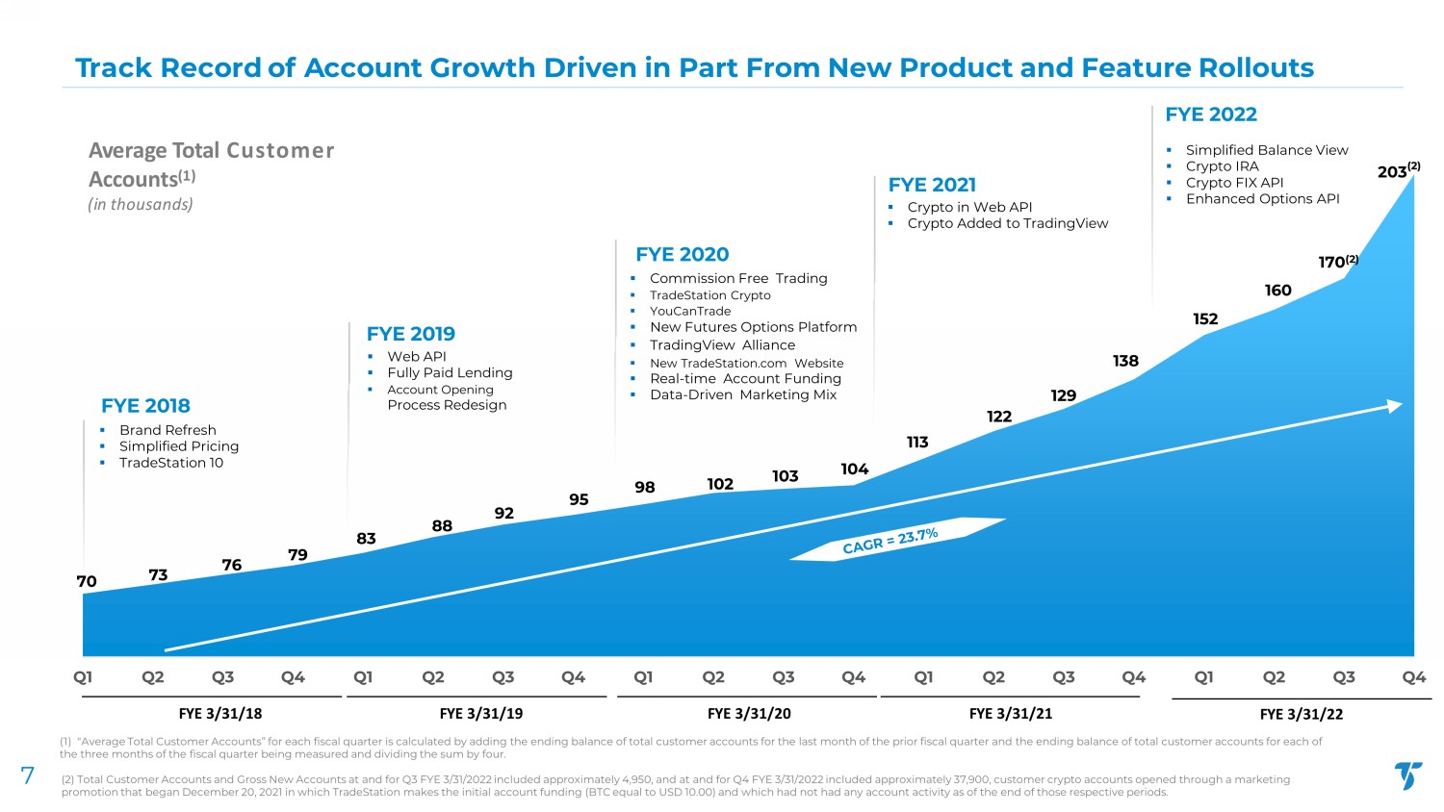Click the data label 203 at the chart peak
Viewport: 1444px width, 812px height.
[1392, 172]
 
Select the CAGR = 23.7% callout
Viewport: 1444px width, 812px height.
[890, 541]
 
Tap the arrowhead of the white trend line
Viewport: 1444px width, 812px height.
[1394, 406]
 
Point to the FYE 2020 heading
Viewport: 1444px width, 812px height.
[682, 254]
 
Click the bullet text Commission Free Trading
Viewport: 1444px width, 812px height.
[738, 278]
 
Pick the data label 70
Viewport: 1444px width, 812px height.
[87, 581]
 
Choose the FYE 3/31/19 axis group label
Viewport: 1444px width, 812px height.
[480, 713]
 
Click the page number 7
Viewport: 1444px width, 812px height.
[28, 776]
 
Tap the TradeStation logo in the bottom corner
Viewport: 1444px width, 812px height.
[1408, 775]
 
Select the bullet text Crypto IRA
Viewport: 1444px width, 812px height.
[1222, 166]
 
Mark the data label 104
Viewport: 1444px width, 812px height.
[854, 469]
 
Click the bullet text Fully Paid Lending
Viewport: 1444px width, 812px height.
[450, 372]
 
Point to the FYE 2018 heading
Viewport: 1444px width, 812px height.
[145, 406]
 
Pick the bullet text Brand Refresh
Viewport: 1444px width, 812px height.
[168, 430]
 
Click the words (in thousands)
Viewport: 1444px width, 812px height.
[141, 204]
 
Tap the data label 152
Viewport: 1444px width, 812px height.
[1205, 319]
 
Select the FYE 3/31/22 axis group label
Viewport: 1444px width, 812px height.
[1301, 714]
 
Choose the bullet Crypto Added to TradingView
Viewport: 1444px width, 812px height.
[1007, 223]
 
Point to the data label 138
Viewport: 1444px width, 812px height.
[1125, 361]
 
